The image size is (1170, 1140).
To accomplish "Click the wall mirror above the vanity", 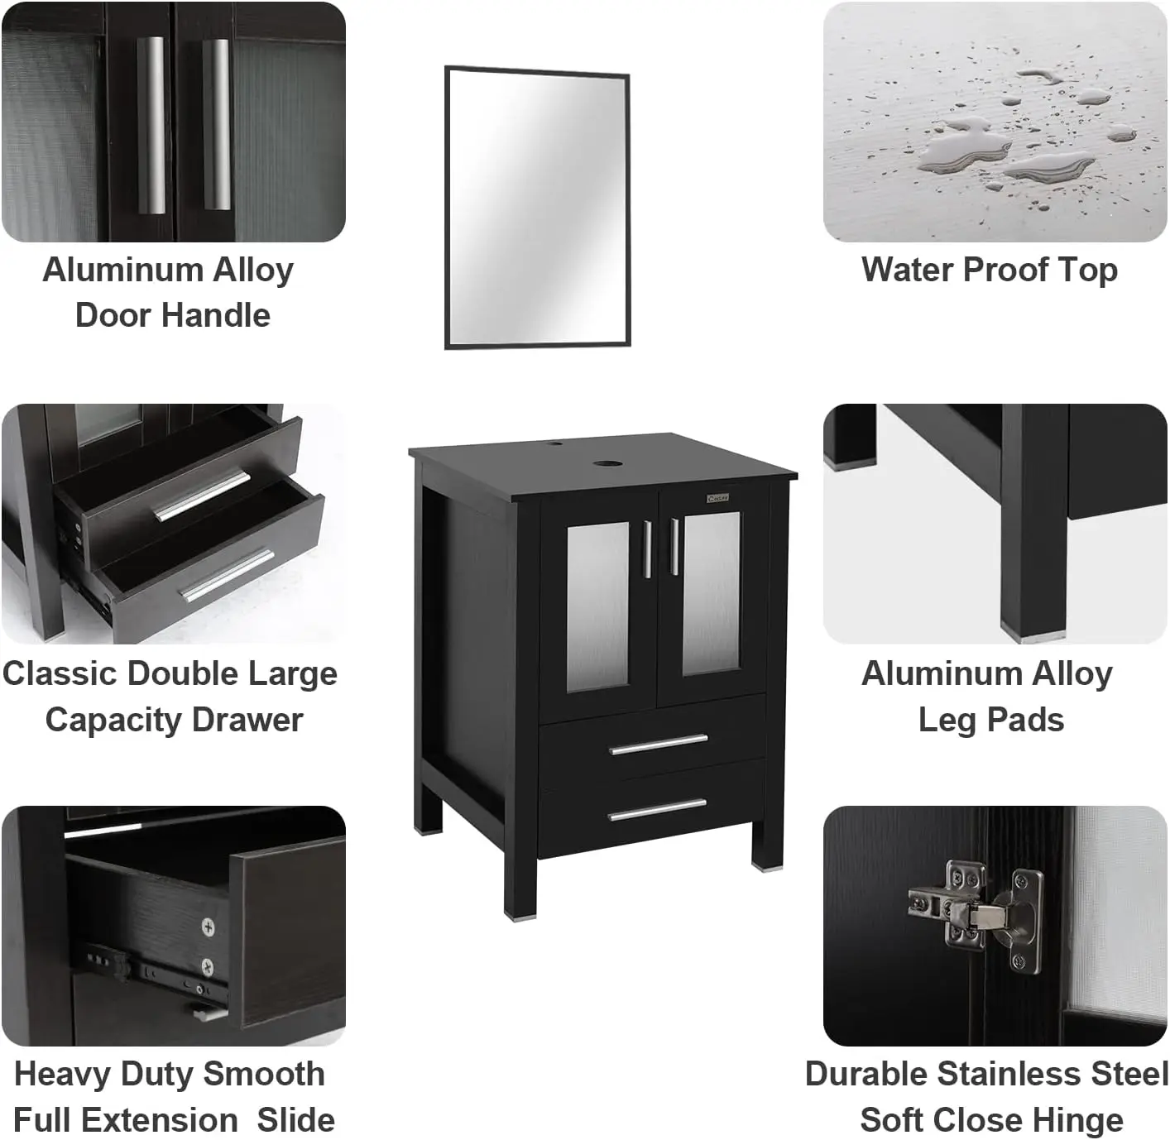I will point(538,208).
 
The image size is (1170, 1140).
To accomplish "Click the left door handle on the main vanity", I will point(647,548).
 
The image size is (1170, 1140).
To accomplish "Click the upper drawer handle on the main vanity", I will point(659,745).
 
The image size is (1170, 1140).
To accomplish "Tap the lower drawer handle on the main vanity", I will point(658,810).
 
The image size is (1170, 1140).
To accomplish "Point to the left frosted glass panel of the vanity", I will point(597,605).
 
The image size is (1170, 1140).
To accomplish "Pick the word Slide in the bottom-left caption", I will point(295,1120).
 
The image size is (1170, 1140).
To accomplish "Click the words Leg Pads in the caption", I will point(990,720).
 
